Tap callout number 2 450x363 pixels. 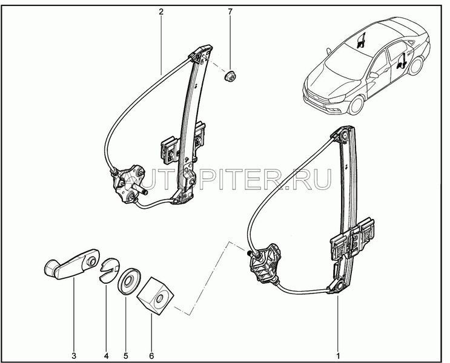pyautogui.click(x=161, y=11)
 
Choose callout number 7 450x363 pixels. pyautogui.click(x=230, y=11)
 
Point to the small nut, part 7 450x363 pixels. pyautogui.click(x=230, y=77)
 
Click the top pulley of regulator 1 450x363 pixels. pyautogui.click(x=344, y=137)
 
